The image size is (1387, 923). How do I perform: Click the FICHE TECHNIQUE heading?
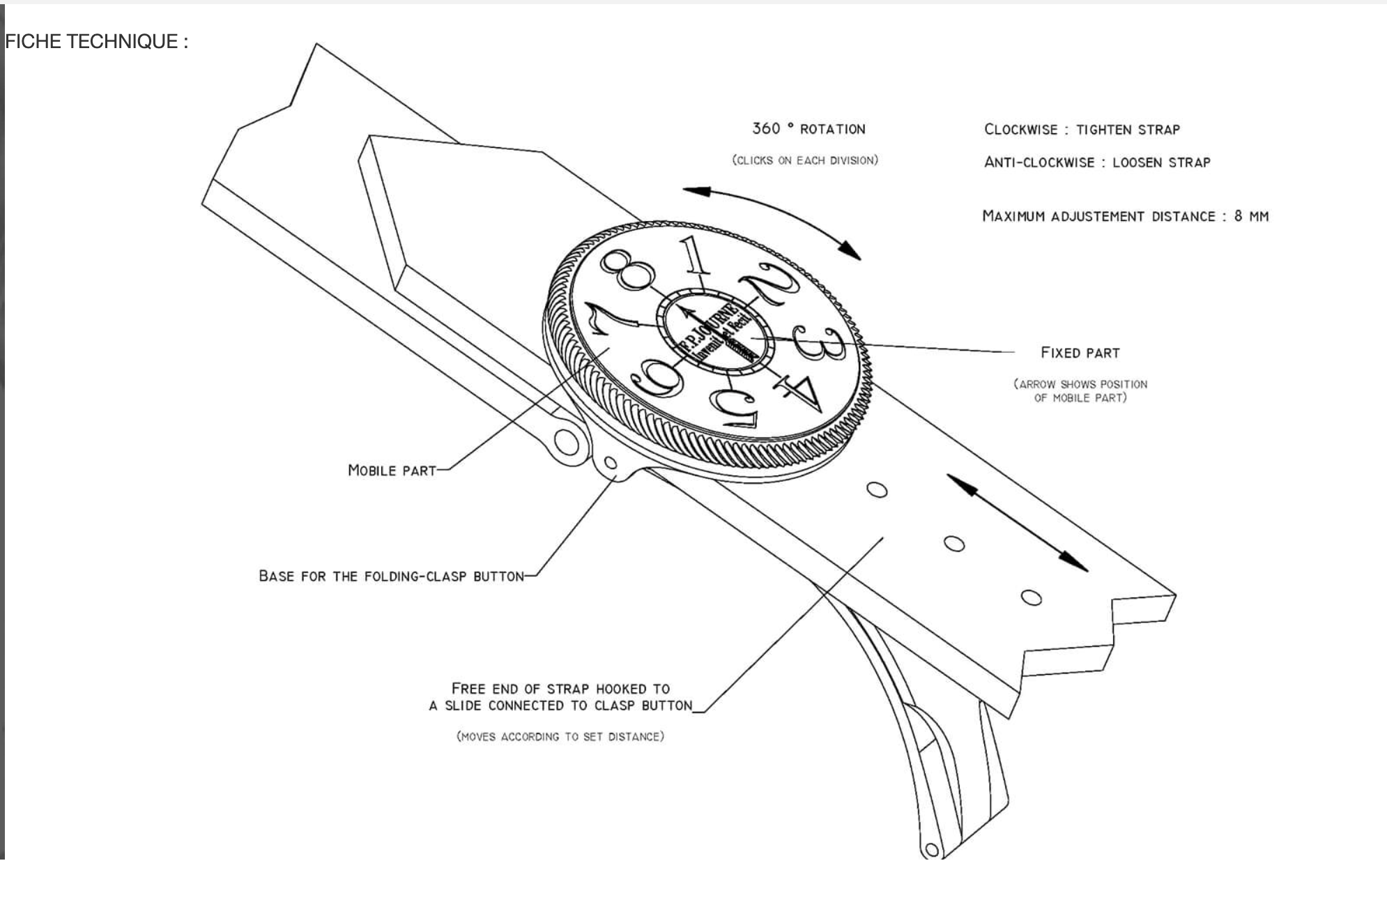tap(96, 42)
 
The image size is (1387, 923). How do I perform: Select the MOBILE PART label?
tap(392, 471)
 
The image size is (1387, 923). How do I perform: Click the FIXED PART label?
tap(1080, 353)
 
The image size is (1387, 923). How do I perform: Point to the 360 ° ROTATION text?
tap(809, 129)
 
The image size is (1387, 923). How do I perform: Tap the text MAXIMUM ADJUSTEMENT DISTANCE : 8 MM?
tap(1125, 216)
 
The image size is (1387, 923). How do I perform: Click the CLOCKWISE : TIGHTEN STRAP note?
tap(1082, 130)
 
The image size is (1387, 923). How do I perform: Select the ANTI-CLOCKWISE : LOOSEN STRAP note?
tap(1097, 162)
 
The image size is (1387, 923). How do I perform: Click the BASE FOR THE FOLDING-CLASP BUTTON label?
tap(391, 577)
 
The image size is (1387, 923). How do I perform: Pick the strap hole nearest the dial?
tap(877, 490)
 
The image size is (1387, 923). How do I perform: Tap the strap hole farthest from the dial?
tap(1031, 597)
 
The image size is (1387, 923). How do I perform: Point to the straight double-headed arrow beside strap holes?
tap(1017, 523)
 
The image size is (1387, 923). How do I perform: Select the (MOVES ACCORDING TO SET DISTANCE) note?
tap(560, 736)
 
